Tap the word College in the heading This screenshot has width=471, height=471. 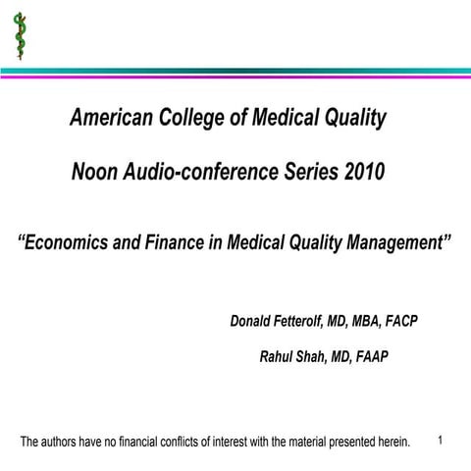(196, 119)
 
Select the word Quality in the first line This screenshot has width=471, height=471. (349, 119)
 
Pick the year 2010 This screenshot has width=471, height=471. (364, 172)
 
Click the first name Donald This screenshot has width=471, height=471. (255, 322)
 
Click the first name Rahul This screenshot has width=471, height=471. (275, 356)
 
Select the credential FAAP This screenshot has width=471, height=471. (369, 356)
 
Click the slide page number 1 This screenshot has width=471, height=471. (441, 440)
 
